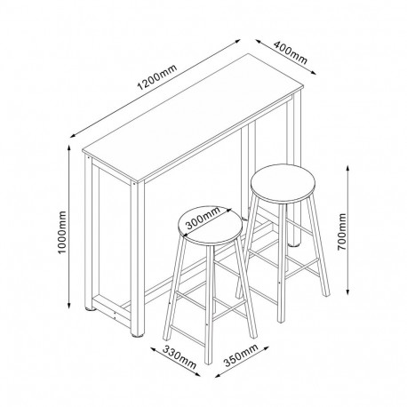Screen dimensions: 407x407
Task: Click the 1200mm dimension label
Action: click(x=157, y=77)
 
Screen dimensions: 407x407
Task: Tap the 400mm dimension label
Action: click(x=291, y=52)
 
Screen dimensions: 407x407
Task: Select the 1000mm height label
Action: click(x=62, y=232)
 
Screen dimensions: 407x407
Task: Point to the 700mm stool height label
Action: click(x=342, y=231)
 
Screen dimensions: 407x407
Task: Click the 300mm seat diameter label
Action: click(x=203, y=219)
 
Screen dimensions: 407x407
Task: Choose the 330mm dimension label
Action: click(x=180, y=357)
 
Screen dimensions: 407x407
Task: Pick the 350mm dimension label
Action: click(x=241, y=355)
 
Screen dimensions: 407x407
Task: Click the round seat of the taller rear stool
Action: click(x=283, y=184)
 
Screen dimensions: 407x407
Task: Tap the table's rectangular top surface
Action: click(x=193, y=117)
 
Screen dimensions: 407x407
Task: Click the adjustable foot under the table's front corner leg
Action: click(x=137, y=336)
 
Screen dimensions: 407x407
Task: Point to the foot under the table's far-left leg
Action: click(x=91, y=309)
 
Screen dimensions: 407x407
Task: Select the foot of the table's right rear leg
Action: click(x=294, y=244)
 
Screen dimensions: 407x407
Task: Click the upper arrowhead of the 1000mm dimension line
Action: click(x=69, y=148)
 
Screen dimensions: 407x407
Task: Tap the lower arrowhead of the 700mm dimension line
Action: click(x=348, y=292)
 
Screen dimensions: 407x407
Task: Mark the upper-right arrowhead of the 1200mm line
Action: click(x=237, y=41)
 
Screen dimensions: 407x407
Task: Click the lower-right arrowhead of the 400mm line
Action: click(x=314, y=72)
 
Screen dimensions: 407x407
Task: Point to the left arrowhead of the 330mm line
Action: click(x=154, y=349)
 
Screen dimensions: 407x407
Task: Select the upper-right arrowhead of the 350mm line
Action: click(x=265, y=347)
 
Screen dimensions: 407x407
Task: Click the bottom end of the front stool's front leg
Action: click(x=209, y=363)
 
